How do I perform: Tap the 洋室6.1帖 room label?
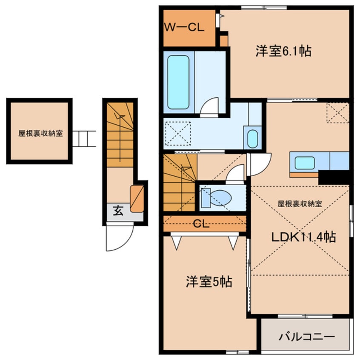click(x=283, y=51)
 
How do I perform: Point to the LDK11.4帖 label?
click(x=305, y=237)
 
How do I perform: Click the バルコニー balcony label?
click(x=306, y=337)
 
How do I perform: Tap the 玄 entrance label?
click(x=118, y=210)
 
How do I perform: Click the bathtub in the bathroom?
click(x=178, y=82)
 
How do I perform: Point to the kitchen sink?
click(x=305, y=163)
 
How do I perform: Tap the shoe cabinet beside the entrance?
click(x=137, y=199)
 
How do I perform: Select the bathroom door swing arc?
click(x=209, y=106)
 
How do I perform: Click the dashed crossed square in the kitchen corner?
click(x=337, y=113)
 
